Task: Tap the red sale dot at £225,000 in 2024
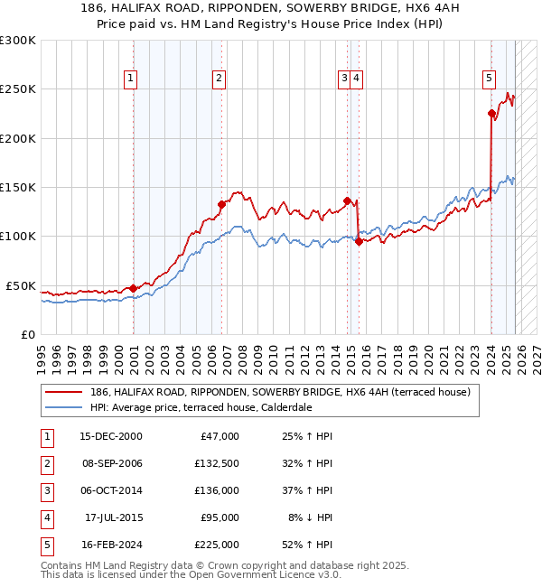491,114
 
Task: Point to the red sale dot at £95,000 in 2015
359,241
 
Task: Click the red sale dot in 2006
221,204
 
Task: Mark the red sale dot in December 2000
134,288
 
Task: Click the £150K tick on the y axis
18,187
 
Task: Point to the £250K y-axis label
18,89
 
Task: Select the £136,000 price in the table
217,490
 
